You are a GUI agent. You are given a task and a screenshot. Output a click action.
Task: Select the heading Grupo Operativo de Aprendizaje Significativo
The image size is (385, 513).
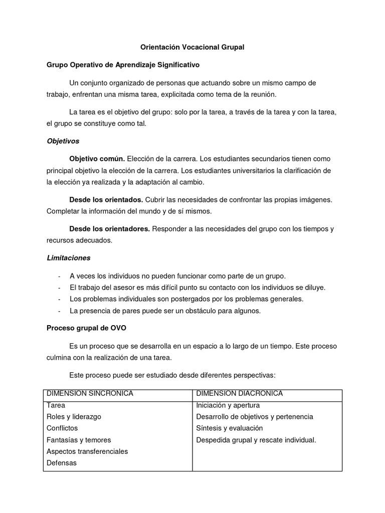coord(123,65)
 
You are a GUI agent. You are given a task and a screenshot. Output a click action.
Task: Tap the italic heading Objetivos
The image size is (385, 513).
coord(63,141)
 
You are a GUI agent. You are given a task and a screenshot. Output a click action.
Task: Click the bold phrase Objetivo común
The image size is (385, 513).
coord(97,159)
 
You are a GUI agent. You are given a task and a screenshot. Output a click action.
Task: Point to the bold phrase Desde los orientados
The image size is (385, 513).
coord(106,200)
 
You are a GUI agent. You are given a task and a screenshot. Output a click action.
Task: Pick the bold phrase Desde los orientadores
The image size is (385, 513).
coord(109,229)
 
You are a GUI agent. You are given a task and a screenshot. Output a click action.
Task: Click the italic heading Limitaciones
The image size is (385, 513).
coord(69,258)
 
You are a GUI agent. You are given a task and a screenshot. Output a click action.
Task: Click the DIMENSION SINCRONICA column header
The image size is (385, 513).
coord(90,393)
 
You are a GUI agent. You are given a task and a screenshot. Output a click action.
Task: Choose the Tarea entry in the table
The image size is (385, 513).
coord(56,405)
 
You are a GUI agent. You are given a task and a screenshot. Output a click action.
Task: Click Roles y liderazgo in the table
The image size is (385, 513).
coord(74,416)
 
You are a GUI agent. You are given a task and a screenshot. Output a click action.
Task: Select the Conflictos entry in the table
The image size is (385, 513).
coord(62,428)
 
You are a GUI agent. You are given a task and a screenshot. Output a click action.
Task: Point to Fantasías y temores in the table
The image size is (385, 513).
coord(79,440)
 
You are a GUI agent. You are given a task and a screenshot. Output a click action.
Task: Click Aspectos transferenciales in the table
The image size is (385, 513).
coord(87,451)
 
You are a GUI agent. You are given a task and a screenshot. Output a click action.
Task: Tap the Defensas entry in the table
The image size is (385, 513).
coord(62,463)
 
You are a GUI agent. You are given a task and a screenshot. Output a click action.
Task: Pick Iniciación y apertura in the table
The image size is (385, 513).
coord(228,405)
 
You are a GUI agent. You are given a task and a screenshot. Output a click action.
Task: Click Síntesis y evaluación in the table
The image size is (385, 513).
coord(230,428)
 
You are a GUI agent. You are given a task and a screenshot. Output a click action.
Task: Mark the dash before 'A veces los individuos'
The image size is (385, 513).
coord(60,276)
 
